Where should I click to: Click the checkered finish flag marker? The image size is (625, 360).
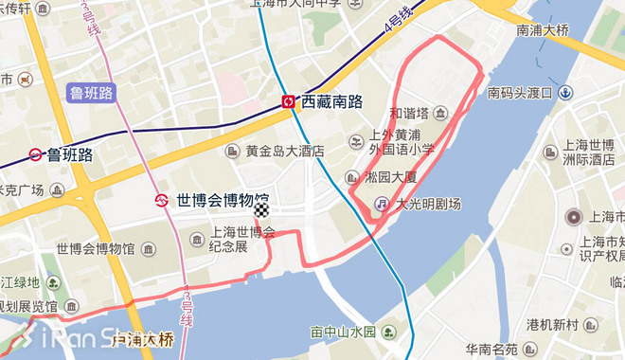coord(262,210)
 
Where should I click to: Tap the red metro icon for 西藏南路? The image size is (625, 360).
coord(288,101)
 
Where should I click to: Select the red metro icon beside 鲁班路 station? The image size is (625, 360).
coord(35,154)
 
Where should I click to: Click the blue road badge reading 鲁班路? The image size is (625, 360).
coord(91,93)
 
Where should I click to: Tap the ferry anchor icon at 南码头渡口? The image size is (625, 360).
coord(565,92)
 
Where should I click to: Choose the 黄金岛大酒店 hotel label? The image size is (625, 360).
coord(284,151)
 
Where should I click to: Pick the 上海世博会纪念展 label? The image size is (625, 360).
coord(241,239)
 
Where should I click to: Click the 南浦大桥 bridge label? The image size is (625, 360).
coord(543,29)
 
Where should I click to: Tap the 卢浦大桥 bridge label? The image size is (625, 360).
coord(143,338)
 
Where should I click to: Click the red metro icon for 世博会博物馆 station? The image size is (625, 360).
coord(163,200)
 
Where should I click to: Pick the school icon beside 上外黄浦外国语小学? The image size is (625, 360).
coord(354,142)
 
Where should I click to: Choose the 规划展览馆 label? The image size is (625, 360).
coord(27,307)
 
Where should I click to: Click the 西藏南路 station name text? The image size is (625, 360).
coord(332,101)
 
